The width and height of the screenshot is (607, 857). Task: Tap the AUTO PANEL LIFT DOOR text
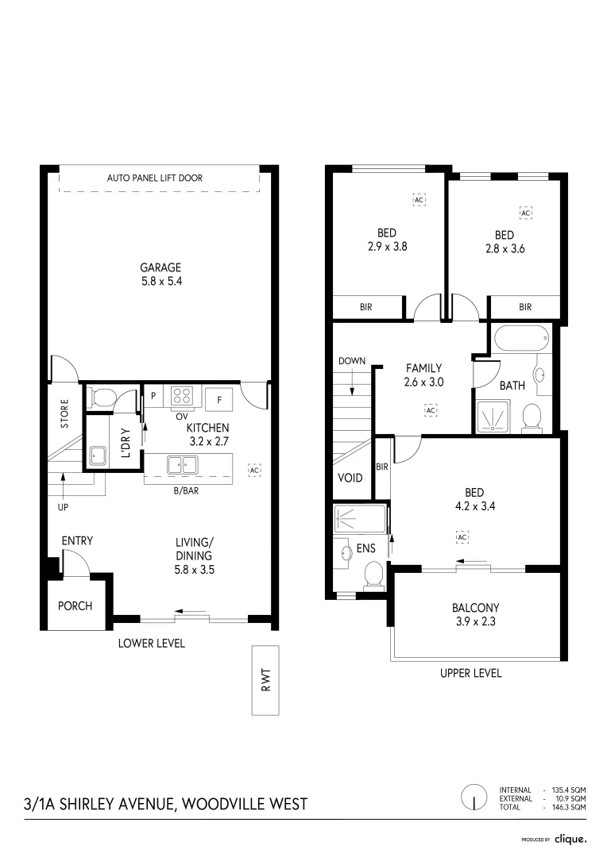point(154,179)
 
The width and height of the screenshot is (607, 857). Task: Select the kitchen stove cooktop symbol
point(182,395)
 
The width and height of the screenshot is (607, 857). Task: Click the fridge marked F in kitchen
point(218,397)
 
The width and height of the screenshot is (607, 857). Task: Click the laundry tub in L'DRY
point(99,455)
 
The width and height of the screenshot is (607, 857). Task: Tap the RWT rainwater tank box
point(265,679)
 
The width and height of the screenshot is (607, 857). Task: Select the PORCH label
point(75,605)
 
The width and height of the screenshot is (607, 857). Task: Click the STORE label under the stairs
point(64,413)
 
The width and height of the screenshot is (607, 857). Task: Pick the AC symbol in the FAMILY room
point(431,410)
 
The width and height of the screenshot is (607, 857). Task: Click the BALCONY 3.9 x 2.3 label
point(475,615)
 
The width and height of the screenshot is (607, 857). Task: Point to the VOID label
point(350,478)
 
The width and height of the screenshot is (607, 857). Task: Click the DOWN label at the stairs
point(351,361)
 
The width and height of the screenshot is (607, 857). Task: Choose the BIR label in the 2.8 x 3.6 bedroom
point(524,307)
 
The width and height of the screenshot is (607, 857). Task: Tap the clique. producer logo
point(570,838)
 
